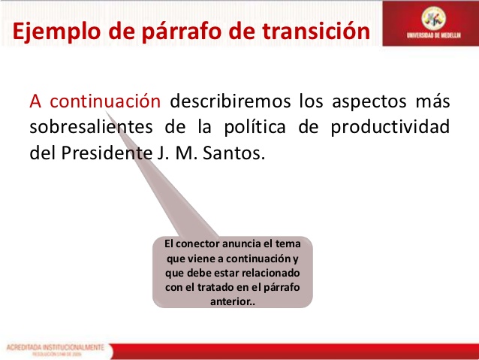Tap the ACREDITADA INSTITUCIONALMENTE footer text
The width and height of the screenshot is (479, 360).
coord(57,347)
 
